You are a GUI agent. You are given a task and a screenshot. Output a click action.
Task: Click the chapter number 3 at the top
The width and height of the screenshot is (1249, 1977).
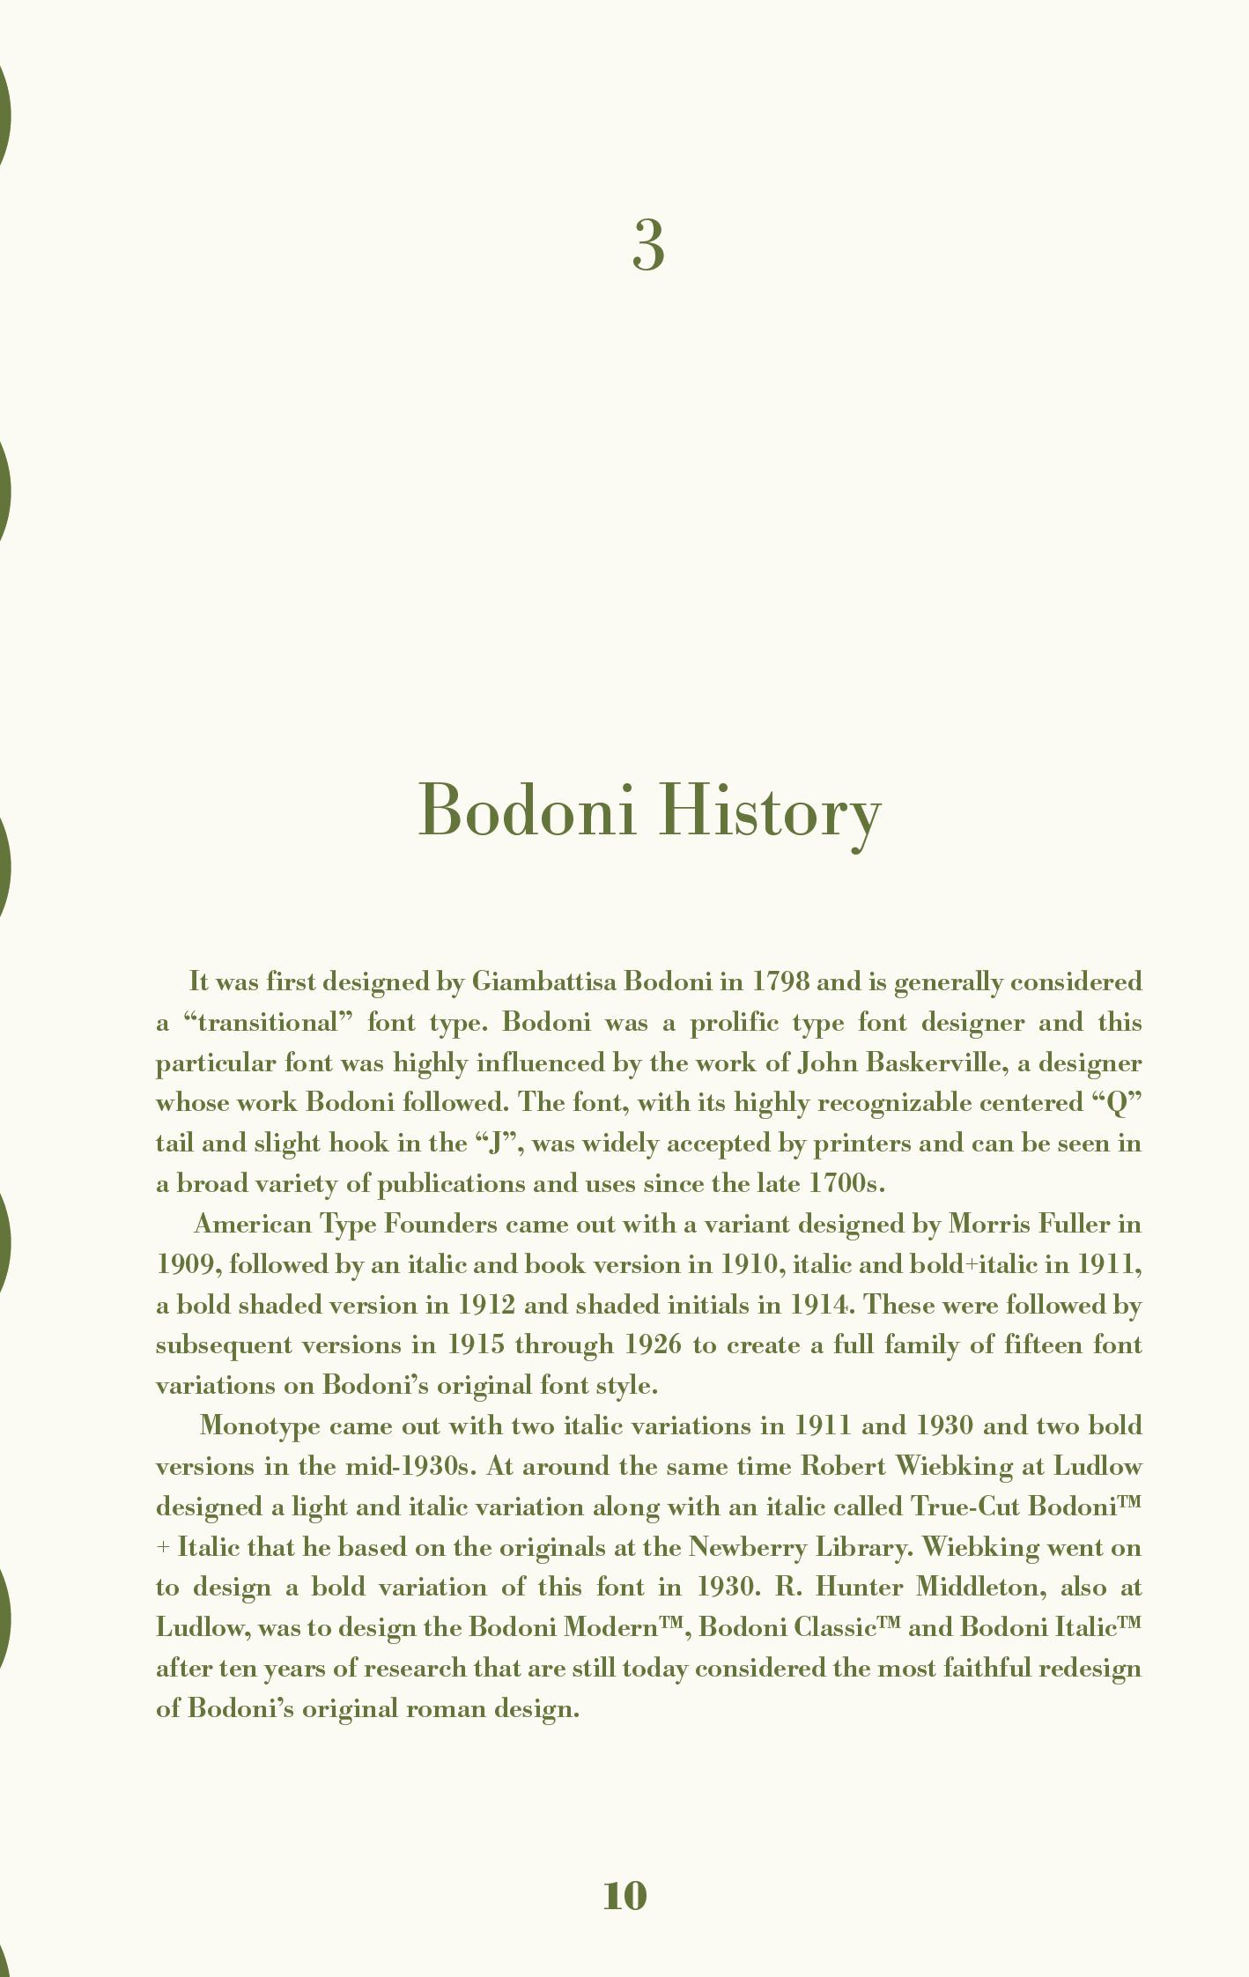(x=647, y=246)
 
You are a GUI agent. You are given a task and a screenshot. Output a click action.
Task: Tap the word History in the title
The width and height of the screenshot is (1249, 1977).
(x=769, y=811)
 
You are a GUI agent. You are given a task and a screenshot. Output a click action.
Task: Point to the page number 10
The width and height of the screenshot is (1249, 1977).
(x=624, y=1894)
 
